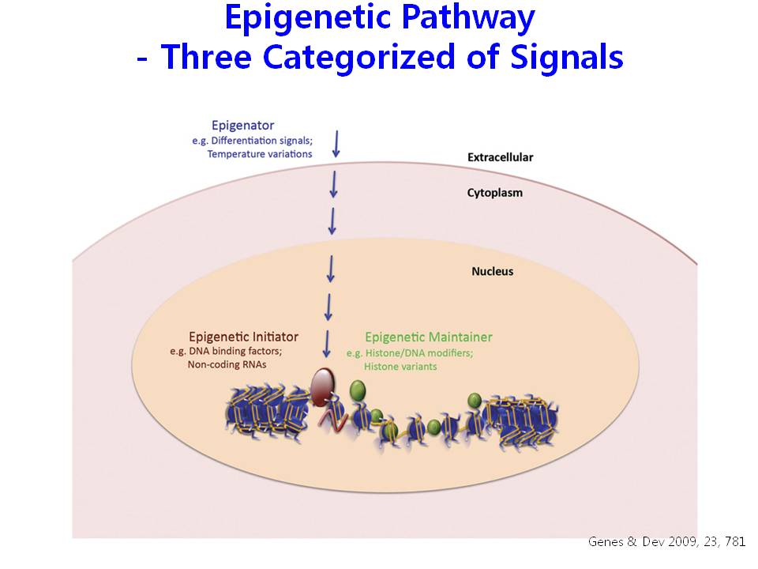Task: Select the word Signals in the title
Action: [567, 58]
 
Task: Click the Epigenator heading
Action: [242, 126]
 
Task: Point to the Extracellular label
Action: [501, 157]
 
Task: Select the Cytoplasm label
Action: [494, 193]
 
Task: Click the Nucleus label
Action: [492, 271]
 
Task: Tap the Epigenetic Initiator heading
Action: [244, 337]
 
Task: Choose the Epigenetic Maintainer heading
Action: [428, 337]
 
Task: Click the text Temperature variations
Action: [260, 154]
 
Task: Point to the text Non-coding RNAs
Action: [227, 364]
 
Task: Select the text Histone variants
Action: [400, 366]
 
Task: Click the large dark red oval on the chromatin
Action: [322, 386]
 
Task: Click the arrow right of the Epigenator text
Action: [336, 144]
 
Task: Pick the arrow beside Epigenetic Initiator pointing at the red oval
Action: [327, 344]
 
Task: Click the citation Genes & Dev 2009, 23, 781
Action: [666, 542]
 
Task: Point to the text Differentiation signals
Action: [262, 141]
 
